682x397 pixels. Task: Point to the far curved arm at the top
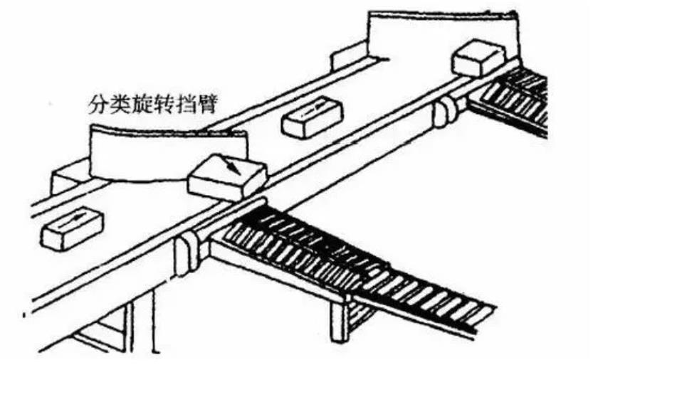[441, 36]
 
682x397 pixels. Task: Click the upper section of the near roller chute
[299, 242]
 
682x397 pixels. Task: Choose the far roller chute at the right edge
[516, 96]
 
